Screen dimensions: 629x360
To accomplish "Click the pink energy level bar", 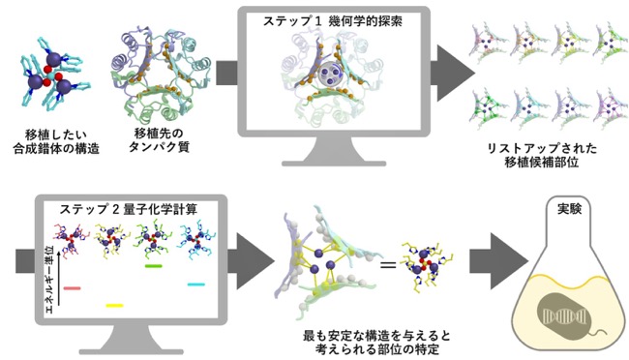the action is point(73,288).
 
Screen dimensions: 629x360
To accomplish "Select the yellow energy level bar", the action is point(114,306).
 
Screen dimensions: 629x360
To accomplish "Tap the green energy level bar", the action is point(153,266).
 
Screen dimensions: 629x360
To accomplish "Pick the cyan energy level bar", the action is point(196,285).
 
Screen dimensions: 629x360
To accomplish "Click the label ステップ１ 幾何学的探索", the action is point(333,21).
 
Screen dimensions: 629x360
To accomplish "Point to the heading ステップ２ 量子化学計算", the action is point(129,209).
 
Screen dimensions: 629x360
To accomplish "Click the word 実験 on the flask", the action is point(569,209).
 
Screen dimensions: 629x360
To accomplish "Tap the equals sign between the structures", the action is point(388,265).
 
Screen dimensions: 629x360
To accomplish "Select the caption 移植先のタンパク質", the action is point(159,140).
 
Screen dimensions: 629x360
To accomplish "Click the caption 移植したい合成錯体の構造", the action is point(56,142).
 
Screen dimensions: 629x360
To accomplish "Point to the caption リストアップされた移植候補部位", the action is point(542,155).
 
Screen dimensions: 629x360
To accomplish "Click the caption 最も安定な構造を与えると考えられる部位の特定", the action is point(377,343).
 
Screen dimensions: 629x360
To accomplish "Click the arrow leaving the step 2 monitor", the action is point(252,261).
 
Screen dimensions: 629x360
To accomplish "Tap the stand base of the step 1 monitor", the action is point(334,164).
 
